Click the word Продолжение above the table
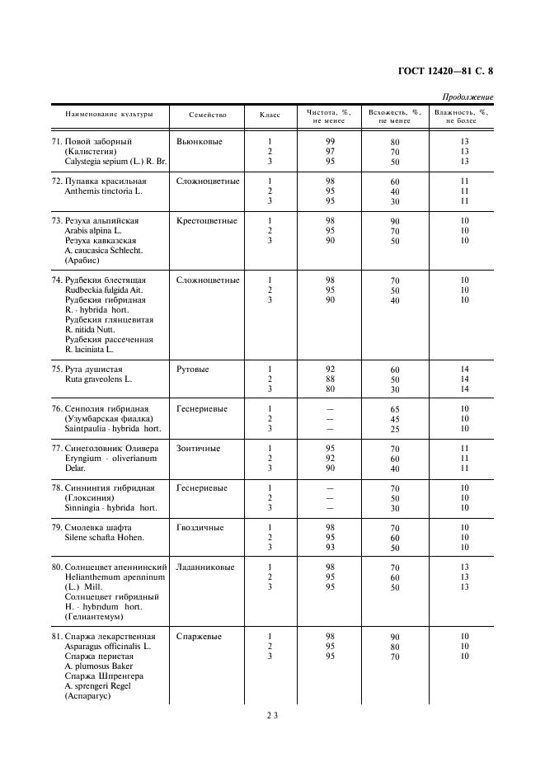pos(467,97)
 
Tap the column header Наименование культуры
pos(102,115)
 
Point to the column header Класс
pos(270,115)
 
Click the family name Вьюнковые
pos(200,142)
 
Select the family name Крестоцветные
pos(206,221)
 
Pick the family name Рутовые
pos(193,370)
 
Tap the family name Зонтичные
pos(198,449)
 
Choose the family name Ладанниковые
pos(205,567)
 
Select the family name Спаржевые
pos(199,637)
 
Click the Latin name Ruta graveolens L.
pos(97,379)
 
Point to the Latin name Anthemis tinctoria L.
pos(103,191)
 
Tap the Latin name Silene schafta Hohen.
pos(104,538)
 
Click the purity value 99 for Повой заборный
pos(330,142)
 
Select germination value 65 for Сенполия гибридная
pos(395,410)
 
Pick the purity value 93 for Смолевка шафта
pos(330,548)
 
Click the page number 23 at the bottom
pos(271,717)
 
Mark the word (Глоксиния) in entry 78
pos(91,498)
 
